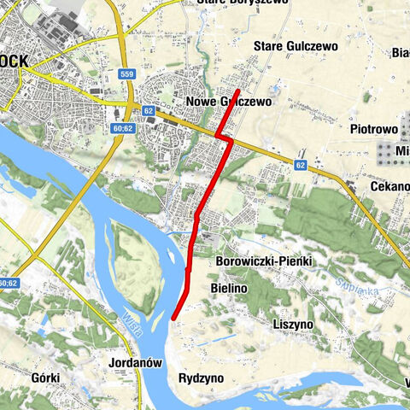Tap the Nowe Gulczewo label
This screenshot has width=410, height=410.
coord(228,101)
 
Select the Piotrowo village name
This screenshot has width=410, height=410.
coord(374,129)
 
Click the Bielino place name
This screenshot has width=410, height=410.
coord(228,290)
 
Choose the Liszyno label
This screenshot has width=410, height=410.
coord(292,325)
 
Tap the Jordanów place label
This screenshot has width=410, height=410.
coord(136,362)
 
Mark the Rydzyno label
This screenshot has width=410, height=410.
coord(202,377)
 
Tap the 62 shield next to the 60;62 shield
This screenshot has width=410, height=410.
coord(149,110)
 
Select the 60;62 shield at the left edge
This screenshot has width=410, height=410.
coord(8,283)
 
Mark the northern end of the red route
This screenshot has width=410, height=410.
coord(237,90)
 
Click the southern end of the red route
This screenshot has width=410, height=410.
coord(173,319)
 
